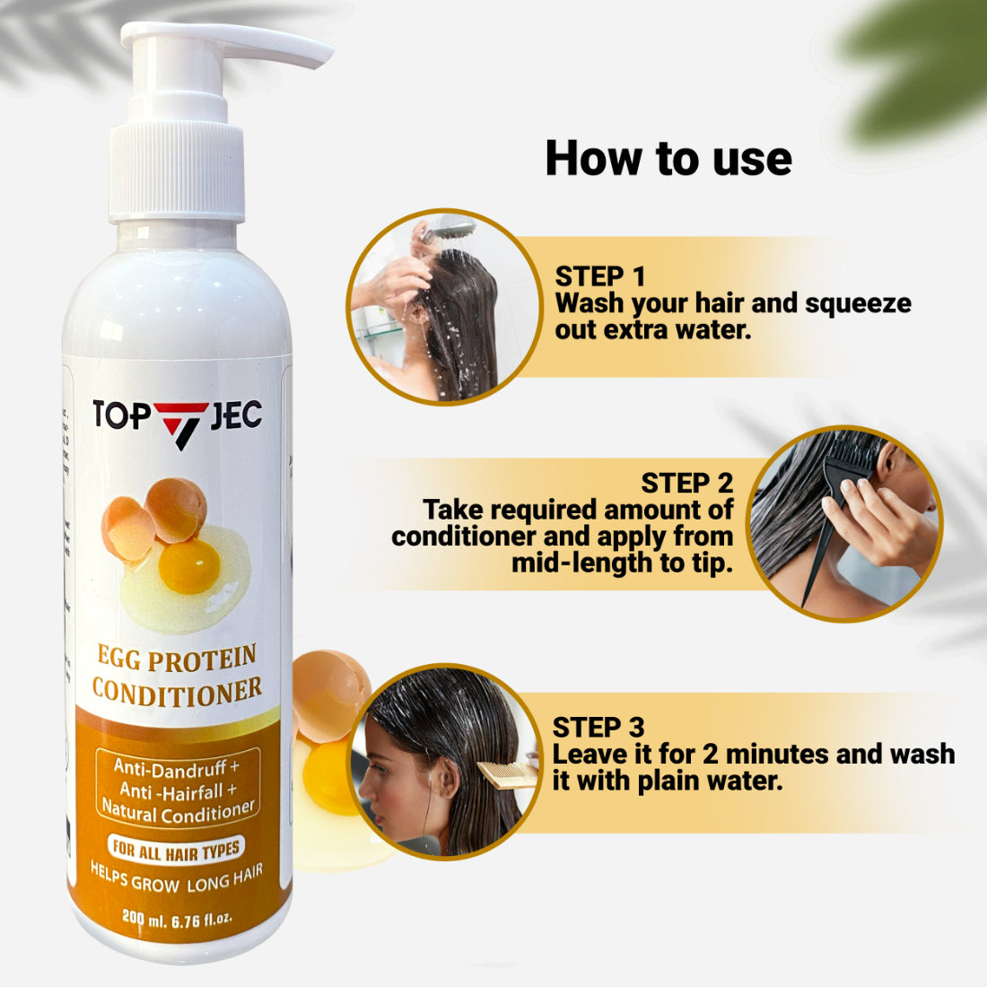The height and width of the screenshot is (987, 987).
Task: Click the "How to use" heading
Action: tap(668, 159)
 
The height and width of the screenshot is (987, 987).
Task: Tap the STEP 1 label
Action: tap(599, 276)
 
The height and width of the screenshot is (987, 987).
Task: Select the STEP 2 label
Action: tap(686, 483)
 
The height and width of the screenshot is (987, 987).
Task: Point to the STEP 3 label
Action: tap(598, 727)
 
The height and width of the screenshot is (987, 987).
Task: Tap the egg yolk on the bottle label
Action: tap(188, 566)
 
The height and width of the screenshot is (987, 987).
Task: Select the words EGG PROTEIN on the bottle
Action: tap(177, 659)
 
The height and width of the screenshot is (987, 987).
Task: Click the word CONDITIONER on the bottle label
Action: tap(177, 691)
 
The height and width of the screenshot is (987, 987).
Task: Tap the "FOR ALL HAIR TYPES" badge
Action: tap(177, 849)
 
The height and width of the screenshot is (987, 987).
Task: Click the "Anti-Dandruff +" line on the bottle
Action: tap(177, 768)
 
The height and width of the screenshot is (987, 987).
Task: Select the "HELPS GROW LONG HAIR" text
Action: tap(177, 878)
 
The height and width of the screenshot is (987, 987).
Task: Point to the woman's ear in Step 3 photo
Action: tap(442, 776)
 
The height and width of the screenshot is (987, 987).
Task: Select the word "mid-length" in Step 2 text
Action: tap(581, 563)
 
